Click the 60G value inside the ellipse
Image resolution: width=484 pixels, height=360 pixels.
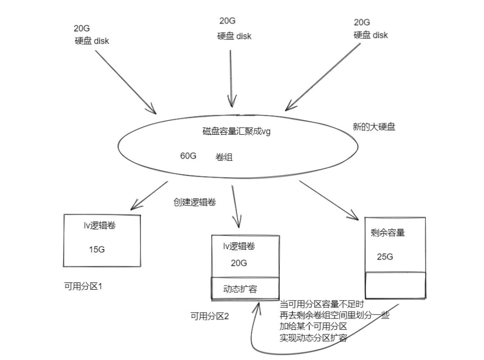tap(188, 156)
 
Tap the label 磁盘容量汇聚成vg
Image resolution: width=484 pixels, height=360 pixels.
tap(236, 132)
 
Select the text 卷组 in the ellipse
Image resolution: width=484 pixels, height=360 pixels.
tap(224, 158)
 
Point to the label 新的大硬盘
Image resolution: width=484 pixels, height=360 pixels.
tap(374, 127)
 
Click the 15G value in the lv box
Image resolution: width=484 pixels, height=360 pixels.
tap(97, 249)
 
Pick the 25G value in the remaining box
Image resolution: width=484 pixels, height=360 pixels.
tap(385, 257)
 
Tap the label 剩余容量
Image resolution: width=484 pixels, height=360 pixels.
tap(388, 233)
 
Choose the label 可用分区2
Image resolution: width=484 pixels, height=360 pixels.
tap(209, 316)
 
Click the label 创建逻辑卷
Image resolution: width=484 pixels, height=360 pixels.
tap(195, 202)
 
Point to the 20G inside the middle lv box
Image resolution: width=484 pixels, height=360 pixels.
tap(239, 264)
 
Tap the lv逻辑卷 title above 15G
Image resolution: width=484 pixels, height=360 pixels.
tap(100, 226)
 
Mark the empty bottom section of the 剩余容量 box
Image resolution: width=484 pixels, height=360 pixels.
tap(395, 285)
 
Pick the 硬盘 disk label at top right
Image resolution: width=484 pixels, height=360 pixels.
tap(371, 35)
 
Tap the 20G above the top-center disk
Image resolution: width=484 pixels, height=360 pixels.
tap(227, 21)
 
